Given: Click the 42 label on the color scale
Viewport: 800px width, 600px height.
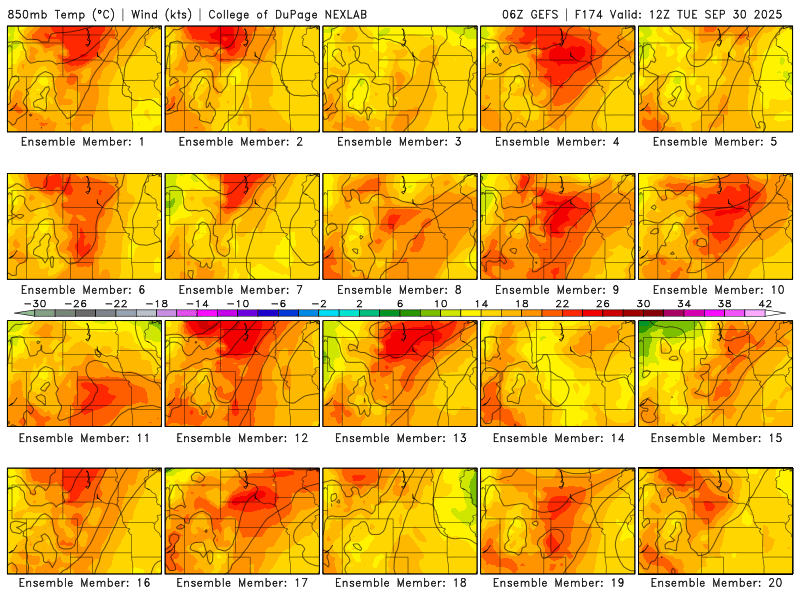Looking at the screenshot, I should pos(766,303).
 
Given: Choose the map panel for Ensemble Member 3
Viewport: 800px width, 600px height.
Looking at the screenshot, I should pos(400,79).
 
